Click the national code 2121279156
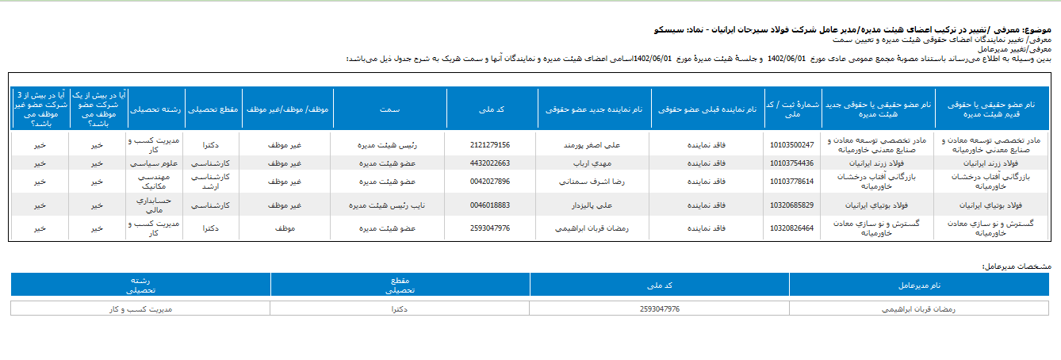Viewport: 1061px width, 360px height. click(x=489, y=145)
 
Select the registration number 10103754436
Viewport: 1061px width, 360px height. click(x=791, y=163)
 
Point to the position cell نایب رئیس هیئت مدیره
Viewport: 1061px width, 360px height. click(x=389, y=205)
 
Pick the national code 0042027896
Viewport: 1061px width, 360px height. click(x=489, y=182)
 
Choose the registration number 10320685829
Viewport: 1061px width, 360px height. click(x=791, y=205)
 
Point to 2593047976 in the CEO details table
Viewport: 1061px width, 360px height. click(x=658, y=308)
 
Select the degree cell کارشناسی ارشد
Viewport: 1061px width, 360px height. click(x=211, y=182)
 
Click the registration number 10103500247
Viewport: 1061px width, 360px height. click(x=791, y=145)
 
